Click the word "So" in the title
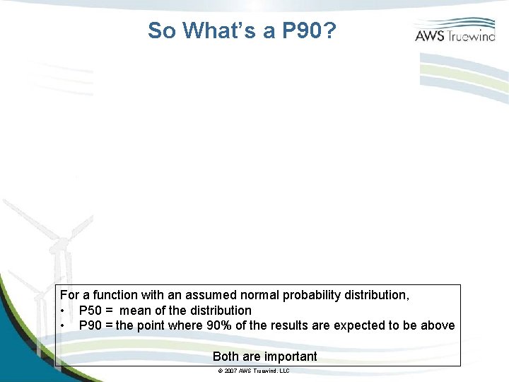tap(162, 30)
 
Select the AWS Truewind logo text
tap(455, 35)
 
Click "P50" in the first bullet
tap(90, 311)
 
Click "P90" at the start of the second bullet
tap(90, 325)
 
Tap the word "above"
tap(438, 325)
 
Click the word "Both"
tap(226, 357)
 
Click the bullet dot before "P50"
tap(64, 311)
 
